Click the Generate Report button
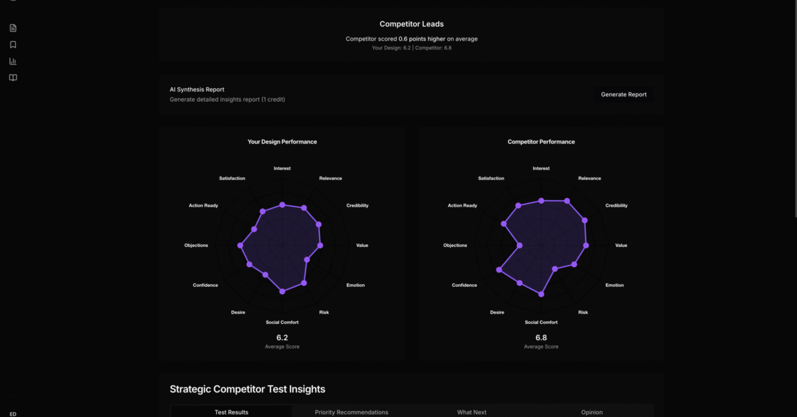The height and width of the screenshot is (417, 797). coord(624,94)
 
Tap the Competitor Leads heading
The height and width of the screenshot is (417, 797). coord(412,24)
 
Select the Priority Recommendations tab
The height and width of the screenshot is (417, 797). coord(351,412)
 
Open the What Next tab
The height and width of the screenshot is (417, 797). coord(472,412)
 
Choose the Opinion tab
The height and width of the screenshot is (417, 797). coord(592,412)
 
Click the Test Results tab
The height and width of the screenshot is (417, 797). coord(231,412)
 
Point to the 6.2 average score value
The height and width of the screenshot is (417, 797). coord(282,337)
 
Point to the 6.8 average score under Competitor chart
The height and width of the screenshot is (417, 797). coord(541,337)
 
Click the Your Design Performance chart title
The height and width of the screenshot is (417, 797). coord(282,141)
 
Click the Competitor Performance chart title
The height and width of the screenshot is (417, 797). coord(541,141)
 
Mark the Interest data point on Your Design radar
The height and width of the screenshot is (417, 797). coord(282,205)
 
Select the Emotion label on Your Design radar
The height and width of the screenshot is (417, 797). coord(355,286)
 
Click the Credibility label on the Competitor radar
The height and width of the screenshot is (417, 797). coord(616,206)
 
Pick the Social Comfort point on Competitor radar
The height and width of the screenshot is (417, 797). coord(541,294)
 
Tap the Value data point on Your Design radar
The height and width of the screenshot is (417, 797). coord(320,246)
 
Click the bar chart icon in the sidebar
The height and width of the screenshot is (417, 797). coord(13,61)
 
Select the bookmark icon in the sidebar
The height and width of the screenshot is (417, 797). coord(13,44)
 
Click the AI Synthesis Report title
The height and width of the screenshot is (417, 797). coord(197,90)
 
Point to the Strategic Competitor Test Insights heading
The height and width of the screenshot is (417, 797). coord(247,389)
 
